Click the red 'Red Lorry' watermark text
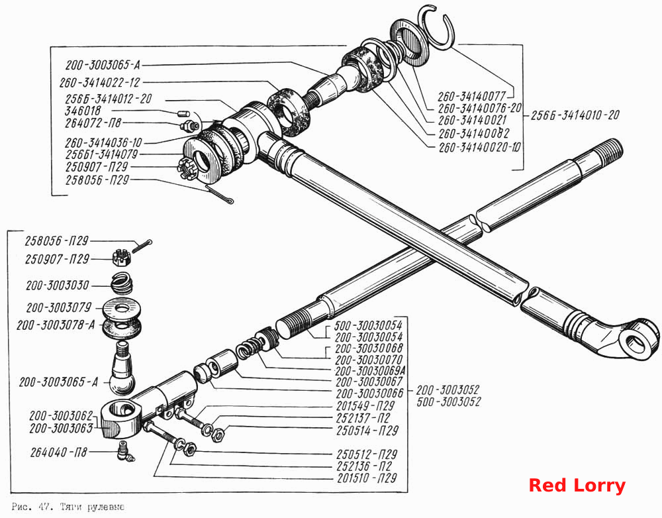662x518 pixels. click(x=577, y=486)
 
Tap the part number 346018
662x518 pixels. click(x=83, y=111)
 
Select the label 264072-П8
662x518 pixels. click(x=93, y=123)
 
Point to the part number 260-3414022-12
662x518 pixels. click(x=99, y=82)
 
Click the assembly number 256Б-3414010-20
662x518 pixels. click(x=575, y=115)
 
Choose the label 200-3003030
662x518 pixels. click(x=58, y=285)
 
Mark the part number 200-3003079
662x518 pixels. click(x=59, y=308)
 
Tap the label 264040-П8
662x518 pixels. click(x=59, y=452)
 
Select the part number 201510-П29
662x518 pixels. click(x=367, y=478)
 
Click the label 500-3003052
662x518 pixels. click(x=449, y=402)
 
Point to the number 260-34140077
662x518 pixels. click(x=471, y=97)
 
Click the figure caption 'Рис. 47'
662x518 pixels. click(x=31, y=507)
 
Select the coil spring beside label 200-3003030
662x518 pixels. click(x=122, y=283)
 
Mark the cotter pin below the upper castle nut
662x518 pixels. click(x=219, y=195)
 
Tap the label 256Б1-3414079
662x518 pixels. click(x=101, y=154)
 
